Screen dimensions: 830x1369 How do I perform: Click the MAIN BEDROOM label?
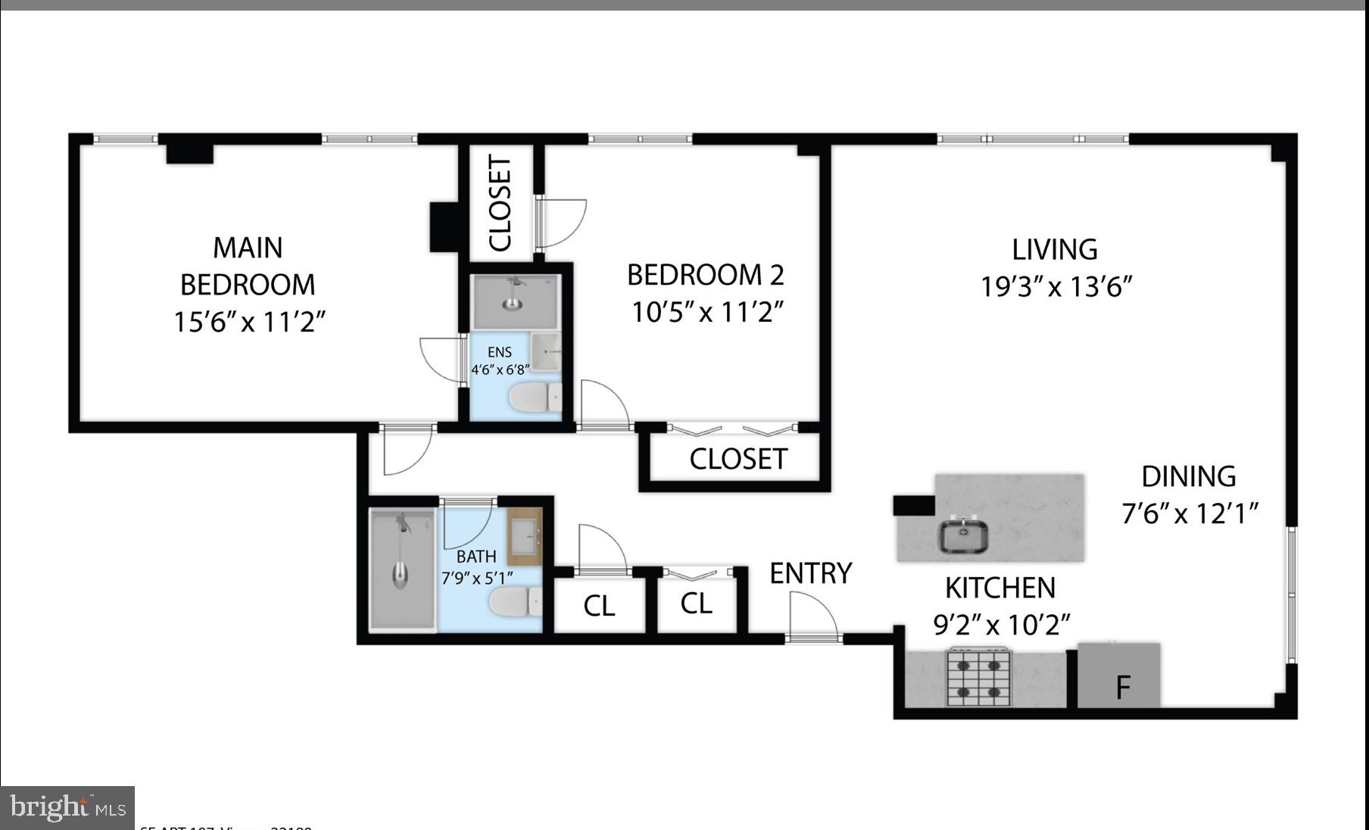[248, 266]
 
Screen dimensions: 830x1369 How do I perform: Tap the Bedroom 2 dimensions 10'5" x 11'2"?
[706, 311]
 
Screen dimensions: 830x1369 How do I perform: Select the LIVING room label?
[1054, 249]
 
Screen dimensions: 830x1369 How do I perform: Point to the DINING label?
[1188, 476]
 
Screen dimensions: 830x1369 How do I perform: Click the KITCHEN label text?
[999, 588]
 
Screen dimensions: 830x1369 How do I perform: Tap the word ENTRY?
[810, 573]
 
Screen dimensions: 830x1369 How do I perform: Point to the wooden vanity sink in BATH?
[525, 537]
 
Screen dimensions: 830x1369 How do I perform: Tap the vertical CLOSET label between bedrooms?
[501, 203]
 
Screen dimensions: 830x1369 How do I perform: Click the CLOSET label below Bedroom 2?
[738, 459]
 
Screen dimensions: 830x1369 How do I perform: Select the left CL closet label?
[599, 606]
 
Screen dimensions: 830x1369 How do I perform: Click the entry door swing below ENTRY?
[812, 616]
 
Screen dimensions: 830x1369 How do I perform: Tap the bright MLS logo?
[67, 807]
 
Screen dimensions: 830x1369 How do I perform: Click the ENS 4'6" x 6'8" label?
[499, 360]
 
